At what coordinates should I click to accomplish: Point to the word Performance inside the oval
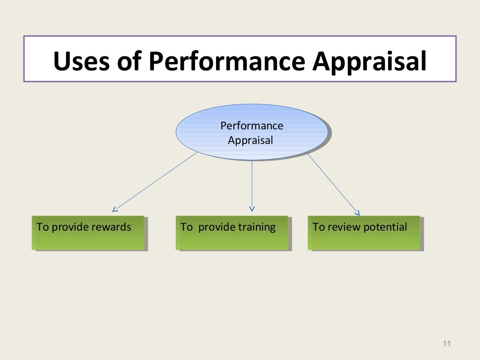pyautogui.click(x=252, y=126)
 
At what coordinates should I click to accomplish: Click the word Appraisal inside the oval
pyautogui.click(x=250, y=140)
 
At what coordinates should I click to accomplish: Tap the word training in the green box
pyautogui.click(x=256, y=227)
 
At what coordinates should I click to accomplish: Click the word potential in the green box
pyautogui.click(x=387, y=227)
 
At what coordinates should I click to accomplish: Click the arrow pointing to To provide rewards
pyautogui.click(x=155, y=181)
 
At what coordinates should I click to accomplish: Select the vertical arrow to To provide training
pyautogui.click(x=252, y=185)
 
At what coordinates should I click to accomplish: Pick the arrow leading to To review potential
pyautogui.click(x=333, y=184)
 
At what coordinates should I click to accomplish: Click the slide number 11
pyautogui.click(x=446, y=345)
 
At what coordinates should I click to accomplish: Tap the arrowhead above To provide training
pyautogui.click(x=252, y=209)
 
